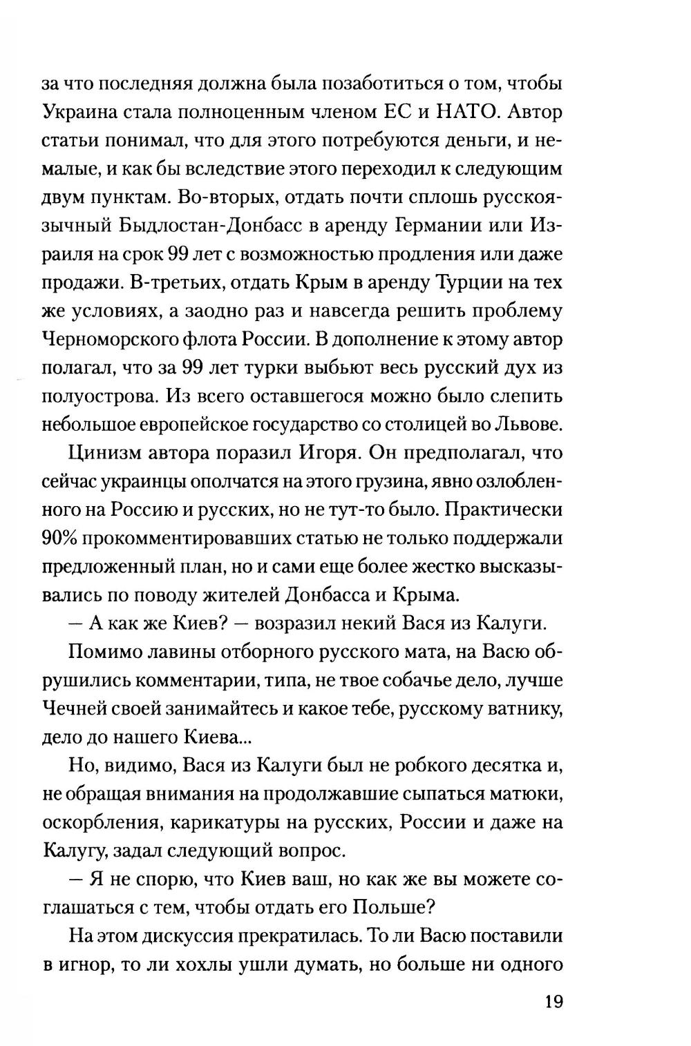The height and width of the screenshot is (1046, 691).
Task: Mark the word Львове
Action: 527,424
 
